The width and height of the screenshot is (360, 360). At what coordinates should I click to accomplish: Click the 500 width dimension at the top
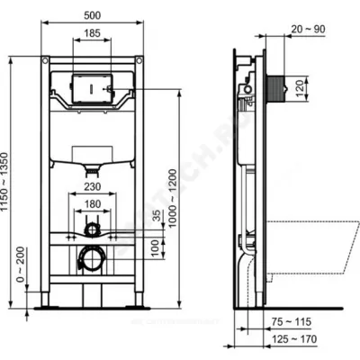click(x=92, y=15)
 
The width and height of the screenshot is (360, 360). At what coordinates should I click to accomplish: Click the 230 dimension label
click(x=92, y=187)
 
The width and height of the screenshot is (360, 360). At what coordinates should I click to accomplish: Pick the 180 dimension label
click(x=92, y=204)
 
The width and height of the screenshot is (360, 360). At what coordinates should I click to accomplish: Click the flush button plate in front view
click(x=92, y=90)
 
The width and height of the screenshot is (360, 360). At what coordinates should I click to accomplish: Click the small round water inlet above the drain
click(x=92, y=231)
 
